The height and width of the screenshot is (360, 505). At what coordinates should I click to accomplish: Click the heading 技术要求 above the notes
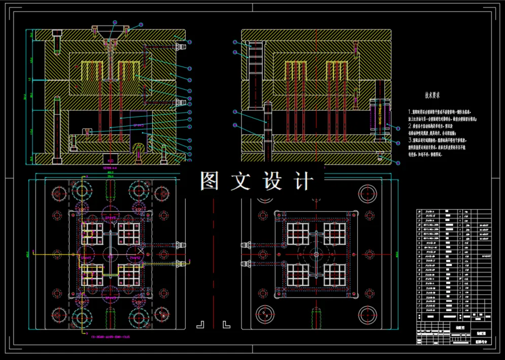(x=432, y=95)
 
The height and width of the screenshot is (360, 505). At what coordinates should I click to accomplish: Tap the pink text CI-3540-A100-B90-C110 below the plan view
(x=111, y=336)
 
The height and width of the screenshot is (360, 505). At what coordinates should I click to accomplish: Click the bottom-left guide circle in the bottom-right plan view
(x=265, y=313)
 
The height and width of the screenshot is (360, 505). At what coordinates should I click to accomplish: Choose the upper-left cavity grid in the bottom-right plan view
(x=298, y=233)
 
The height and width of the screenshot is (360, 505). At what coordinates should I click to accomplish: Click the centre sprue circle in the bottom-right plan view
(x=316, y=253)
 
